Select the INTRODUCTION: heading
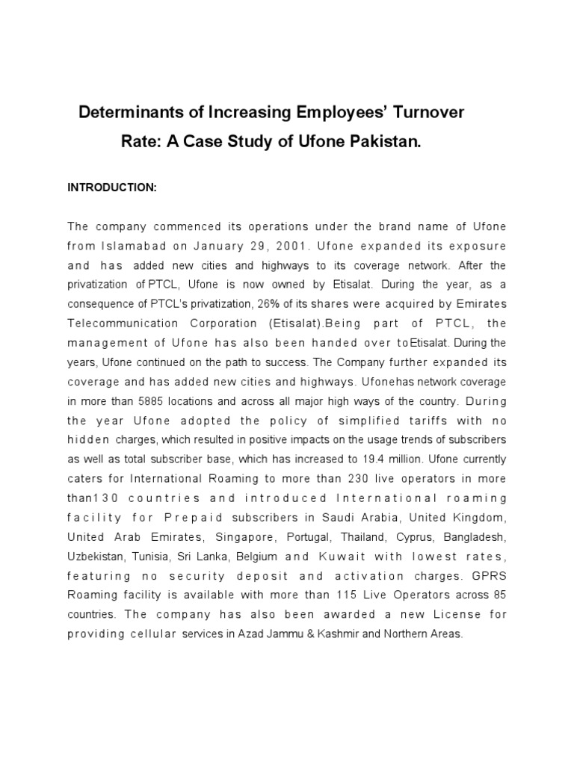coord(112,188)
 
